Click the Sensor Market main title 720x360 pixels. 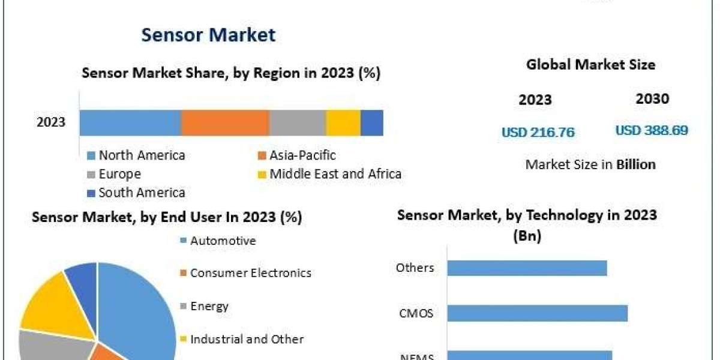click(x=208, y=35)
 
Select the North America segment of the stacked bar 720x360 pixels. click(x=130, y=122)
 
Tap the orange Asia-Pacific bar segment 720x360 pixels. click(x=225, y=122)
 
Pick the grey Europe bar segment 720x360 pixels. click(x=298, y=122)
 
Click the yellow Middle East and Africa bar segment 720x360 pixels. click(x=343, y=122)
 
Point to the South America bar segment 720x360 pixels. click(x=372, y=122)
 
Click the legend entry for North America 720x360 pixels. click(x=142, y=155)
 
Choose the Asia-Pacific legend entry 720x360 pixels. click(x=302, y=155)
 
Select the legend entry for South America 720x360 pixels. click(x=142, y=193)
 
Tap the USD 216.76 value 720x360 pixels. click(x=538, y=133)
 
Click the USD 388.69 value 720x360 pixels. click(x=652, y=130)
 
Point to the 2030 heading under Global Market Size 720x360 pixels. click(x=652, y=99)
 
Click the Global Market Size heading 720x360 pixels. click(x=590, y=64)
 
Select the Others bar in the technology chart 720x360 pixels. click(x=527, y=268)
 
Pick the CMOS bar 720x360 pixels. click(x=537, y=313)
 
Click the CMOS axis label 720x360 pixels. click(x=416, y=313)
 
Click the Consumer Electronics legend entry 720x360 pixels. click(x=250, y=273)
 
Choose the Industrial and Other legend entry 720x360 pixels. click(x=247, y=339)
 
